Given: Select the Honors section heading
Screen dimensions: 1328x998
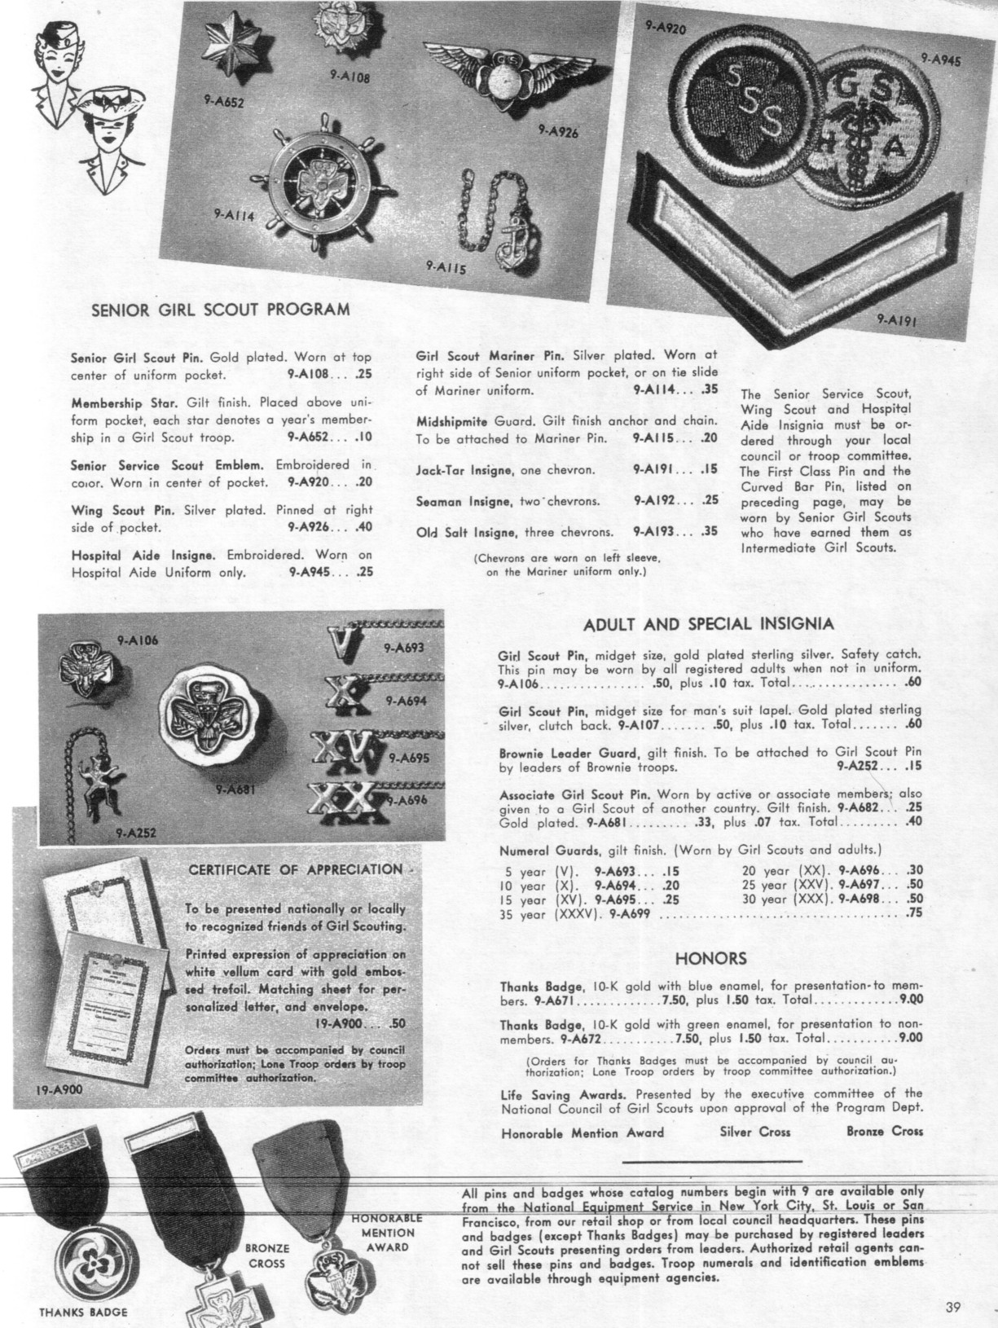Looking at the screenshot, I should (711, 958).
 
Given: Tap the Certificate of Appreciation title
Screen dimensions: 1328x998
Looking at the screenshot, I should (296, 869).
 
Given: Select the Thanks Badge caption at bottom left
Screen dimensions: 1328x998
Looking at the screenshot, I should (83, 1312).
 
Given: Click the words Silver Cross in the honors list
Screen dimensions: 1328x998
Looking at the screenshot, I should (755, 1132).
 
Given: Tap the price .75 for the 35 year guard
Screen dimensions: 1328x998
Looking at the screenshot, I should (913, 915).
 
